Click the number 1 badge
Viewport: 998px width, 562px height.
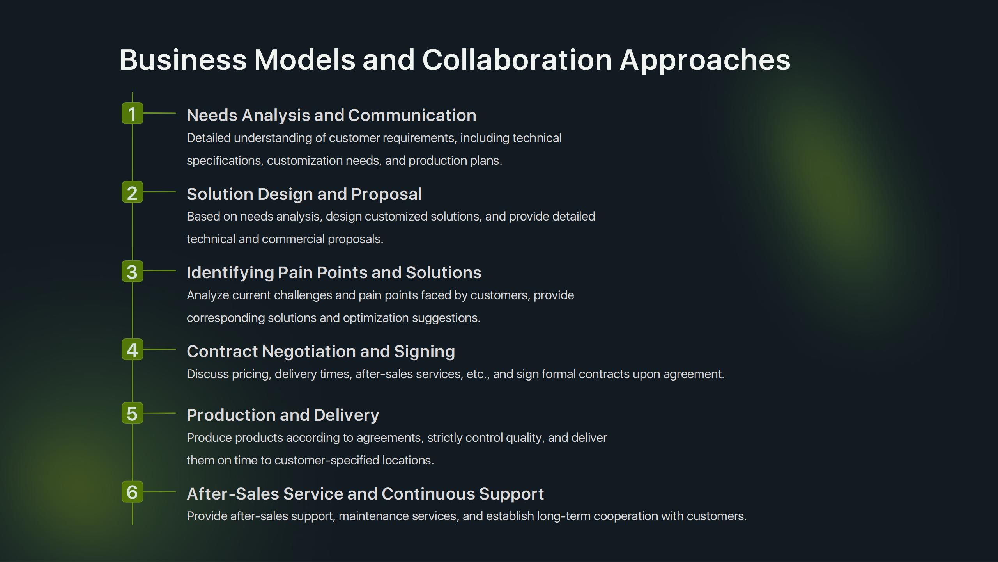(x=133, y=113)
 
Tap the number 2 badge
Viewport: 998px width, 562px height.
(x=133, y=192)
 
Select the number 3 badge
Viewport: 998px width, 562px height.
(x=133, y=271)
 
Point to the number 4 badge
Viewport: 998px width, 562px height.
(x=133, y=349)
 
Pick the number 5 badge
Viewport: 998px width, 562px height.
(x=133, y=413)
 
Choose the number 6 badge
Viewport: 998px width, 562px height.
(x=133, y=492)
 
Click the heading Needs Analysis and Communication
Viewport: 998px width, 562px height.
(x=331, y=116)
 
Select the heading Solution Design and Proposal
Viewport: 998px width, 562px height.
(x=304, y=194)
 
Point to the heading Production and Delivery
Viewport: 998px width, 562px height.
(x=283, y=415)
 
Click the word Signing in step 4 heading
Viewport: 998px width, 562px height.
(x=425, y=352)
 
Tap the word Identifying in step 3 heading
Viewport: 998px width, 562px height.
(x=230, y=273)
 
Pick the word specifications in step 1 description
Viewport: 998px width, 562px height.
(x=224, y=161)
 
